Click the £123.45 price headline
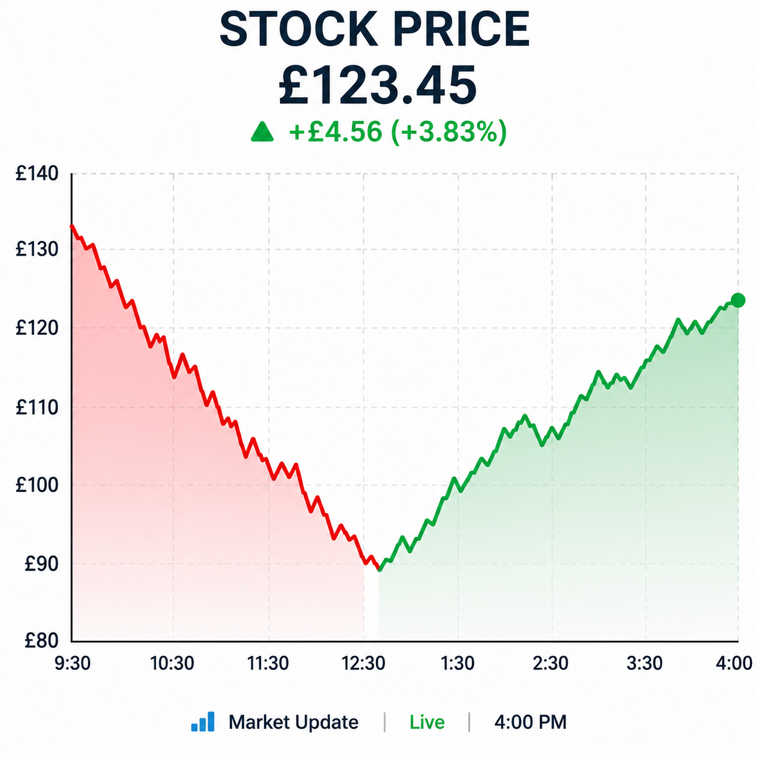(x=377, y=86)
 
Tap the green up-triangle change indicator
(x=262, y=132)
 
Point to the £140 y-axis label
(x=37, y=173)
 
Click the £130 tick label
(x=37, y=249)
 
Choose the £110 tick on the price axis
(x=37, y=407)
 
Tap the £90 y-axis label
(x=41, y=564)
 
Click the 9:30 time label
(x=73, y=664)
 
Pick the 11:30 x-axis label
(x=268, y=664)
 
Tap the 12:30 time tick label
(x=363, y=664)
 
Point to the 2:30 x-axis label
(x=550, y=664)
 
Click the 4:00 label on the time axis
(x=734, y=664)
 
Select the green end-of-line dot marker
(x=738, y=300)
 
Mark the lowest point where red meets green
(x=379, y=569)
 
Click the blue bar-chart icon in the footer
(x=202, y=721)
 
